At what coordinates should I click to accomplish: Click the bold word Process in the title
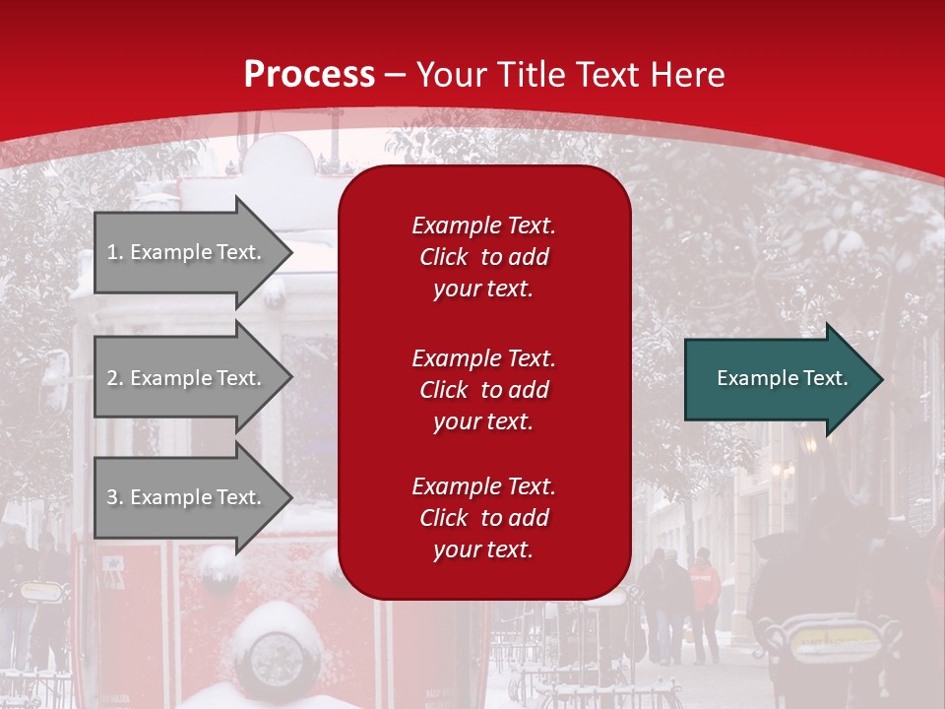(x=309, y=74)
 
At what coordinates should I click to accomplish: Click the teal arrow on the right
(x=778, y=379)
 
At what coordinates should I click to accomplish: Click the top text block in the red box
(x=483, y=257)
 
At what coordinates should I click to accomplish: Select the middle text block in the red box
(x=483, y=390)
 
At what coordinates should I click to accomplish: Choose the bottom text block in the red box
(x=483, y=518)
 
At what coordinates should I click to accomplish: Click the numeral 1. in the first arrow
(x=114, y=252)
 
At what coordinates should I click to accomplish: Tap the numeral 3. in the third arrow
(x=114, y=497)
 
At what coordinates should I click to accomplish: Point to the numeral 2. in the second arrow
(x=114, y=378)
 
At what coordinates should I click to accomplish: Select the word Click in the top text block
(x=444, y=257)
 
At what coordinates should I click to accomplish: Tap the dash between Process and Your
(x=396, y=74)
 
